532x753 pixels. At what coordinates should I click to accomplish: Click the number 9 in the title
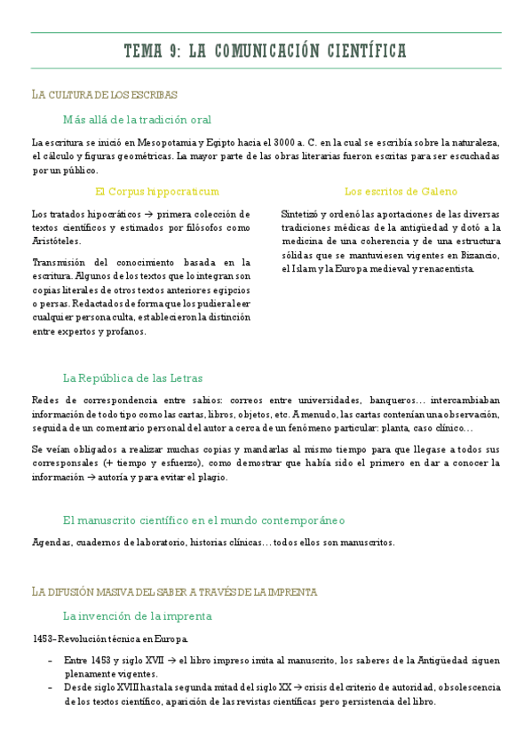click(171, 51)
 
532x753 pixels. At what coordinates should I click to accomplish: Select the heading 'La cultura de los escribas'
click(105, 94)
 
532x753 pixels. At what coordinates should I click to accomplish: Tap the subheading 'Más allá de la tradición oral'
click(137, 119)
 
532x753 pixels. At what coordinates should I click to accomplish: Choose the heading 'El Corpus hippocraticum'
click(156, 191)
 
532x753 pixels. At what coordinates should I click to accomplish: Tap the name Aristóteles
click(56, 241)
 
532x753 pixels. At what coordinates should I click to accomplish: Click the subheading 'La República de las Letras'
click(132, 377)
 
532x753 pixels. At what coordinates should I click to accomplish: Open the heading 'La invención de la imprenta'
click(137, 615)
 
